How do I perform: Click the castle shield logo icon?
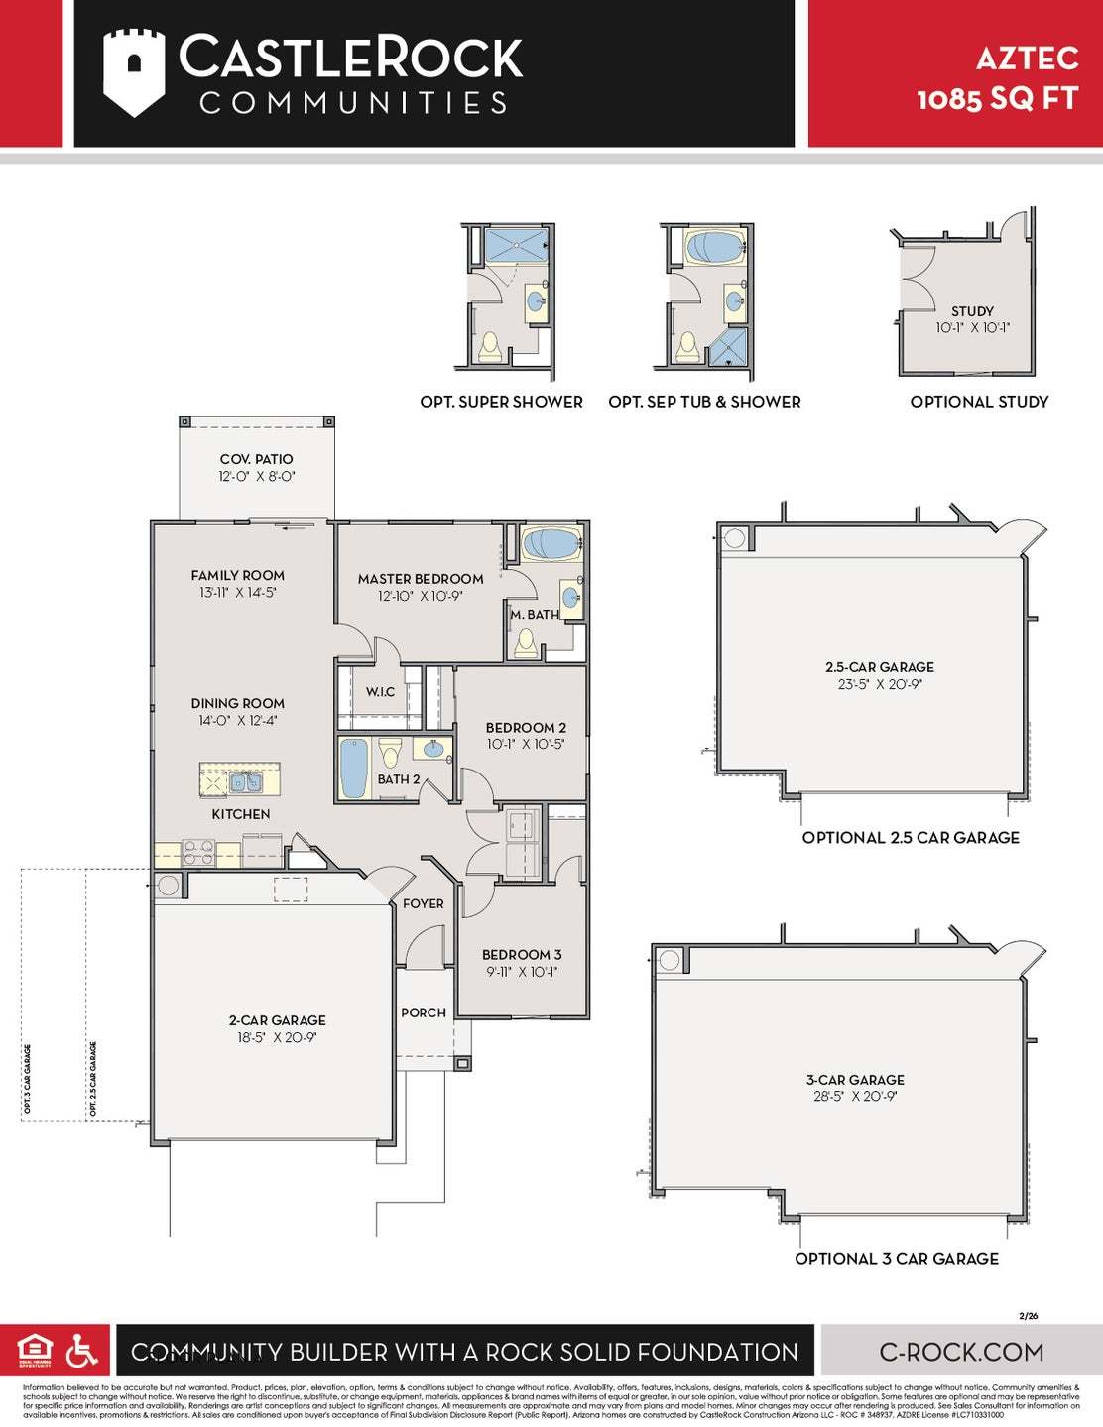tap(133, 72)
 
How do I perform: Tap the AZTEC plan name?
tap(1027, 59)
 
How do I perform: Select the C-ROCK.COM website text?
tap(961, 1352)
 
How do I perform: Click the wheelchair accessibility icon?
tap(81, 1351)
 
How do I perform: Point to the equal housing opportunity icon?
tap(34, 1350)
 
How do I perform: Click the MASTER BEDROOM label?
tap(421, 579)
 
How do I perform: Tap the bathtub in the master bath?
tap(551, 543)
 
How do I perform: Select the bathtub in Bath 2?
tap(354, 768)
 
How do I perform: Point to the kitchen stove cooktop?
tap(198, 853)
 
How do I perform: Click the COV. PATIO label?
tap(256, 459)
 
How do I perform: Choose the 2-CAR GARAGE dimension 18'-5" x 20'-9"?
tap(277, 1037)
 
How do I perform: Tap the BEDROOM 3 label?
tap(522, 955)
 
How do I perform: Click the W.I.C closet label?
tap(380, 692)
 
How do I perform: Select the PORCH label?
tap(424, 1012)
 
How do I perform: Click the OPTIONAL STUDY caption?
tap(979, 402)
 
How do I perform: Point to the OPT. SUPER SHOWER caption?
tap(501, 402)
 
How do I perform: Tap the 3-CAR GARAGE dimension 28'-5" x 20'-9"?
tap(855, 1097)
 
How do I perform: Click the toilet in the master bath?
tap(526, 645)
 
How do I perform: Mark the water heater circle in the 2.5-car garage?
tap(735, 538)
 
